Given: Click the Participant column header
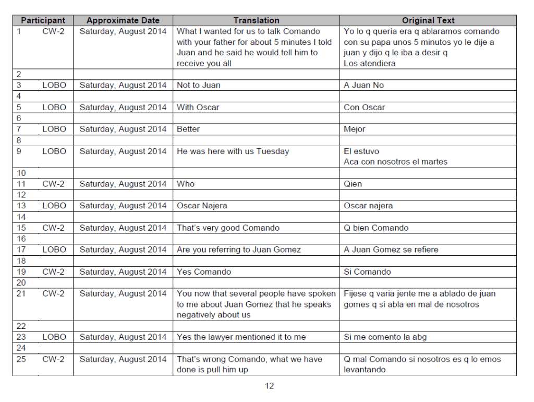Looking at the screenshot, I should click(43, 20).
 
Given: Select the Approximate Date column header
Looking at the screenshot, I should click(123, 20).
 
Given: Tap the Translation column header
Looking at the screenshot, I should click(256, 20).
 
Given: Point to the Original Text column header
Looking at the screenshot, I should click(428, 20).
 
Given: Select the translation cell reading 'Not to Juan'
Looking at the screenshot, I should click(199, 85).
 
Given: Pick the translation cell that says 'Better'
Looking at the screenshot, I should click(188, 129).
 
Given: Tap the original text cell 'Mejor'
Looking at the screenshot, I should click(355, 129).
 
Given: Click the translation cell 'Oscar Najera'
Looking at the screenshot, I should click(202, 206).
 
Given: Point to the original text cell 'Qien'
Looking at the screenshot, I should click(353, 184).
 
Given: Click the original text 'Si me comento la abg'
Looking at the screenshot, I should click(385, 337).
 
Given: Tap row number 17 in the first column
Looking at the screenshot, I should click(21, 250).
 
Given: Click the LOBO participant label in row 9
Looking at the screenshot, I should click(54, 151).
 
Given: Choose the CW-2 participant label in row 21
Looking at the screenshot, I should click(53, 293).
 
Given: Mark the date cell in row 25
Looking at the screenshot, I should click(123, 359).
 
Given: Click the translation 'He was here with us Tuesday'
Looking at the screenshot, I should click(233, 151).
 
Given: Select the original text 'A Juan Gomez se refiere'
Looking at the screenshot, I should click(391, 250).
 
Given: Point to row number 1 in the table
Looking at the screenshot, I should click(19, 31).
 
